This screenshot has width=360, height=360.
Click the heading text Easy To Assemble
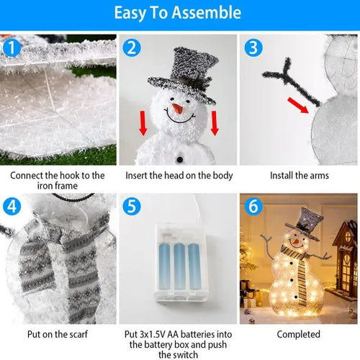179,13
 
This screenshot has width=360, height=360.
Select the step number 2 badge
131,48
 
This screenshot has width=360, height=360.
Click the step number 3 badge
252,48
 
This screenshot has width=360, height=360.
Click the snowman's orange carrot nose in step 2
176,109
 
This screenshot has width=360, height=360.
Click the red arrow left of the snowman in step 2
143,123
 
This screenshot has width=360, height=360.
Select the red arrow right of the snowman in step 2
215,123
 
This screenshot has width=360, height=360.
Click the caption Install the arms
299,175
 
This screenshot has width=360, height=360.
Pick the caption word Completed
299,335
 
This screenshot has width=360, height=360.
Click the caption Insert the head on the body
179,175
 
